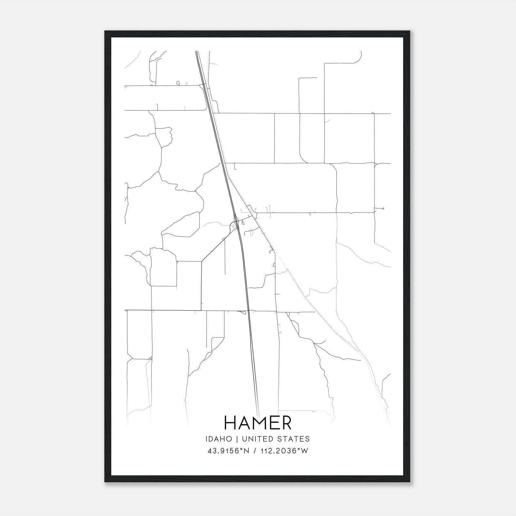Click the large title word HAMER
(x=258, y=423)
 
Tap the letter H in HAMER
(x=231, y=423)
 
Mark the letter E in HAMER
(x=274, y=423)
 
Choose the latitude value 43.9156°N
(x=228, y=451)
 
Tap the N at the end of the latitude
(x=247, y=451)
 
